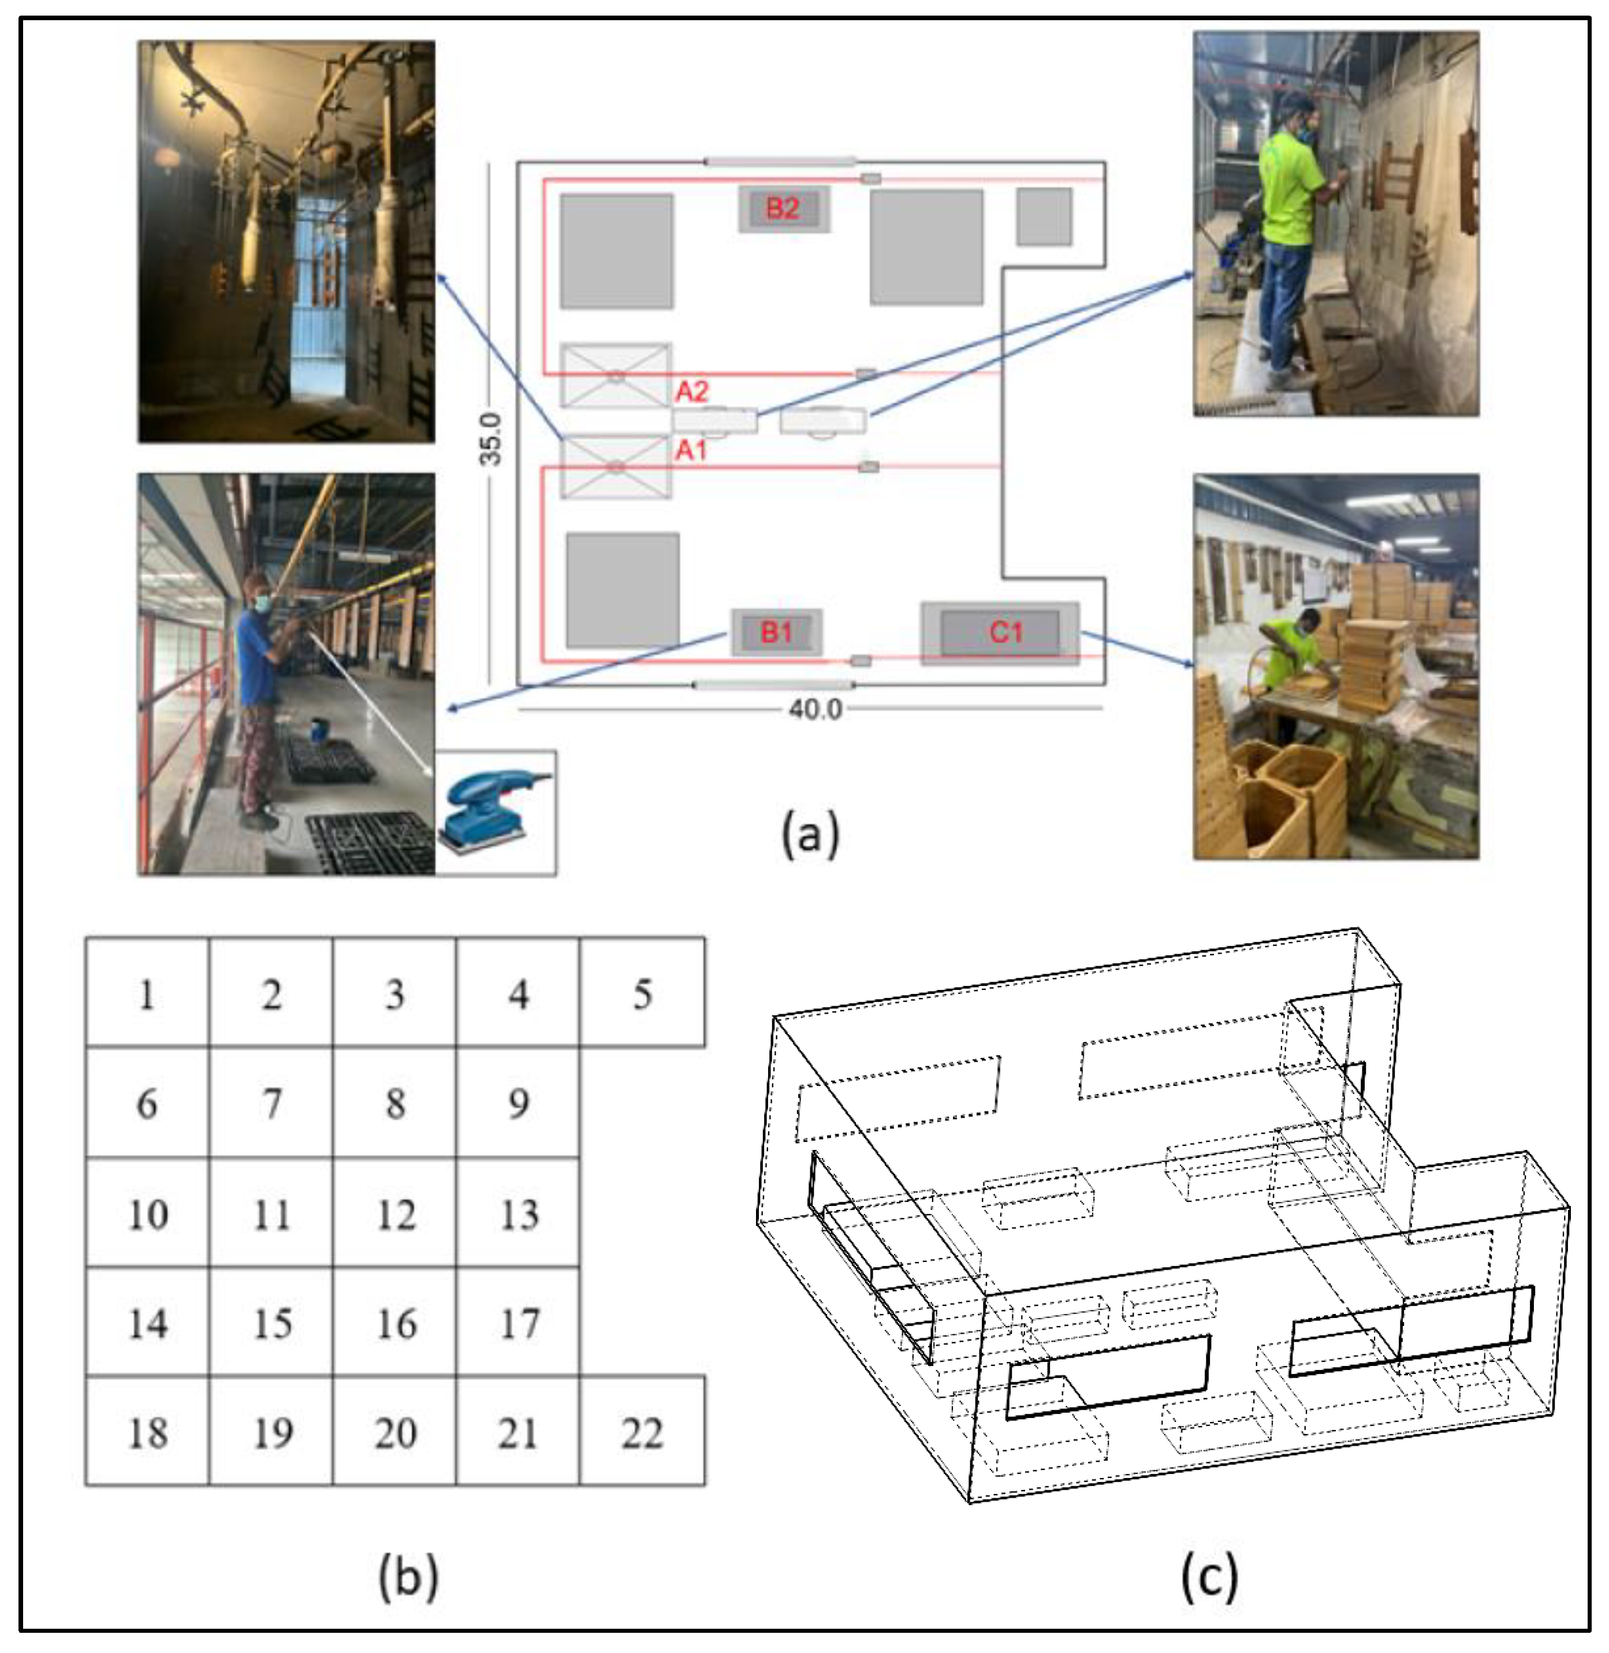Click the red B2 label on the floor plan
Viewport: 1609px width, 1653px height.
[783, 209]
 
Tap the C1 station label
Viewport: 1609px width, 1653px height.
[1005, 632]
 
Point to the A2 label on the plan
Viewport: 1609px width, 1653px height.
[691, 391]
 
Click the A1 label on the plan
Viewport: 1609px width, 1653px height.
[690, 451]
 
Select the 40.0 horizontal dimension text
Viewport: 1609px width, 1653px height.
[815, 709]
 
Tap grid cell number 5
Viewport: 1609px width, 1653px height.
[642, 994]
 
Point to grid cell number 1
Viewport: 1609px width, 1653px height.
[147, 994]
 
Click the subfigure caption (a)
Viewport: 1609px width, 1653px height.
[810, 834]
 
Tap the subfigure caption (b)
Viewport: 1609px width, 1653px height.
[408, 1577]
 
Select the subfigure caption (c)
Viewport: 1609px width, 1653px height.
[1209, 1577]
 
